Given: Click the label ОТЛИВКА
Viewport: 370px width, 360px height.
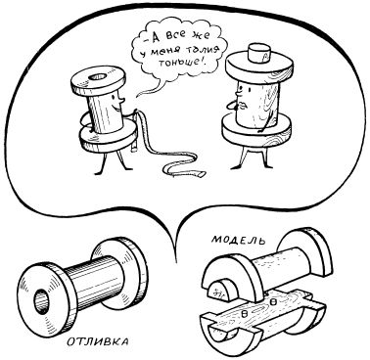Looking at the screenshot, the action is click(98, 342).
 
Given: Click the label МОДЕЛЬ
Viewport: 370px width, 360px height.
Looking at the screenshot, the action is click(239, 240).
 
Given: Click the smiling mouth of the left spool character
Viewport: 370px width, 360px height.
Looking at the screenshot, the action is click(117, 105).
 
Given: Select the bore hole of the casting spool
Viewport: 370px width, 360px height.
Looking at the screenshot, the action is click(42, 301).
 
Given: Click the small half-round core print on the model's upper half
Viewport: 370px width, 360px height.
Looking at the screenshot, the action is click(222, 291).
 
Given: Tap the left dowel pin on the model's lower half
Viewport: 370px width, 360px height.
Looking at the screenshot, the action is click(244, 313).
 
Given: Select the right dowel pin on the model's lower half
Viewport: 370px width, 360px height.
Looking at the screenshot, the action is click(274, 302).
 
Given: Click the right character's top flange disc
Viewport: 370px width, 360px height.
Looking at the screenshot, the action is click(258, 68).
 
